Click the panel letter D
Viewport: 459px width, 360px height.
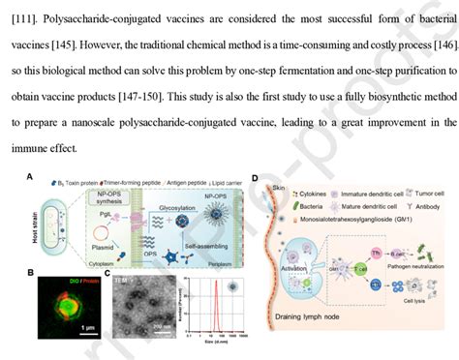tap(255, 178)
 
